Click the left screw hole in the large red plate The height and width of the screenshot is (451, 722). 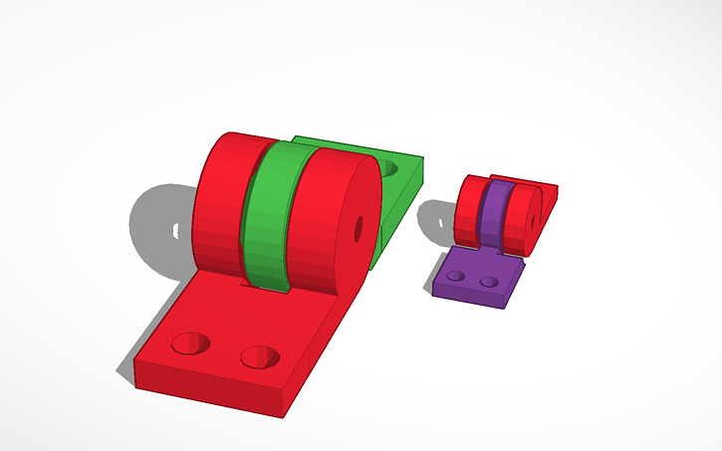coord(190,343)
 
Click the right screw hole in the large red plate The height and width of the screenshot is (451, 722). coord(260,354)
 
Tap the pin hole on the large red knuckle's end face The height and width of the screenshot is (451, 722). coord(359,228)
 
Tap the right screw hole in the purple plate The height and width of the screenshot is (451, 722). coord(488,283)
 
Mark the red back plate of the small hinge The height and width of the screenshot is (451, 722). coord(548,193)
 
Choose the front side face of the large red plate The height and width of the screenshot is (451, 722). coord(209,393)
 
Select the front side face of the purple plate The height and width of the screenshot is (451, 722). coord(468,298)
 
